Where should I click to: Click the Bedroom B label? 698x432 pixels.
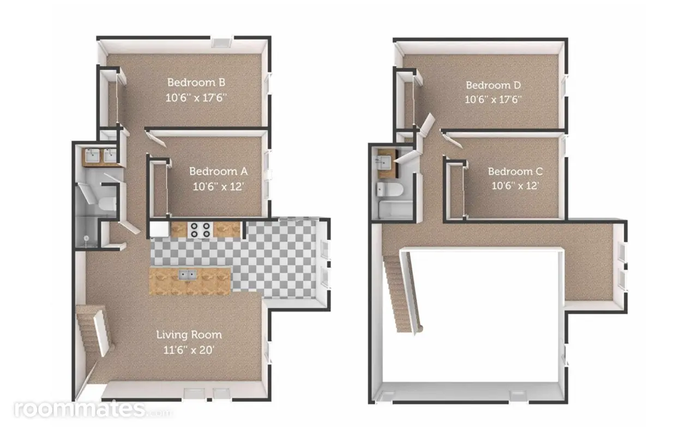pyautogui.click(x=196, y=82)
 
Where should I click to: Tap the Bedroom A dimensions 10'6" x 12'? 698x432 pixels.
pyautogui.click(x=218, y=187)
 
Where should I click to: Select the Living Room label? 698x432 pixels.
pyautogui.click(x=189, y=335)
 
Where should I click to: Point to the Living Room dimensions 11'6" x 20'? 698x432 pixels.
pyautogui.click(x=189, y=350)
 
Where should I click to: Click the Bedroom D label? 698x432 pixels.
pyautogui.click(x=494, y=85)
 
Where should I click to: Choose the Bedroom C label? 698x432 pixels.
pyautogui.click(x=515, y=172)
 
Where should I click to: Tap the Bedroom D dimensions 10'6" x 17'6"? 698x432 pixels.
pyautogui.click(x=494, y=100)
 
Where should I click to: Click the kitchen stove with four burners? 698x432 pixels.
pyautogui.click(x=200, y=230)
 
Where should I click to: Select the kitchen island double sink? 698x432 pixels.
pyautogui.click(x=187, y=275)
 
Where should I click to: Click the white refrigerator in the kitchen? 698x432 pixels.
pyautogui.click(x=159, y=229)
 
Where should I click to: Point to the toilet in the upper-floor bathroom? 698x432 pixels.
pyautogui.click(x=389, y=190)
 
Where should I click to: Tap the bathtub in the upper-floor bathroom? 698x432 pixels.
pyautogui.click(x=395, y=210)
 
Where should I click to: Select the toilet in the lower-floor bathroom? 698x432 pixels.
pyautogui.click(x=107, y=204)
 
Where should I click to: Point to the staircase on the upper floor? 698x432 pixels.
pyautogui.click(x=402, y=293)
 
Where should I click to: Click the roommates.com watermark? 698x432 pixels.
pyautogui.click(x=93, y=409)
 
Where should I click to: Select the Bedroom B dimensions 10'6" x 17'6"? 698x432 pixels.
pyautogui.click(x=196, y=98)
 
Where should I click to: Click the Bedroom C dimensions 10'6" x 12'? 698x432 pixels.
pyautogui.click(x=515, y=186)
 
